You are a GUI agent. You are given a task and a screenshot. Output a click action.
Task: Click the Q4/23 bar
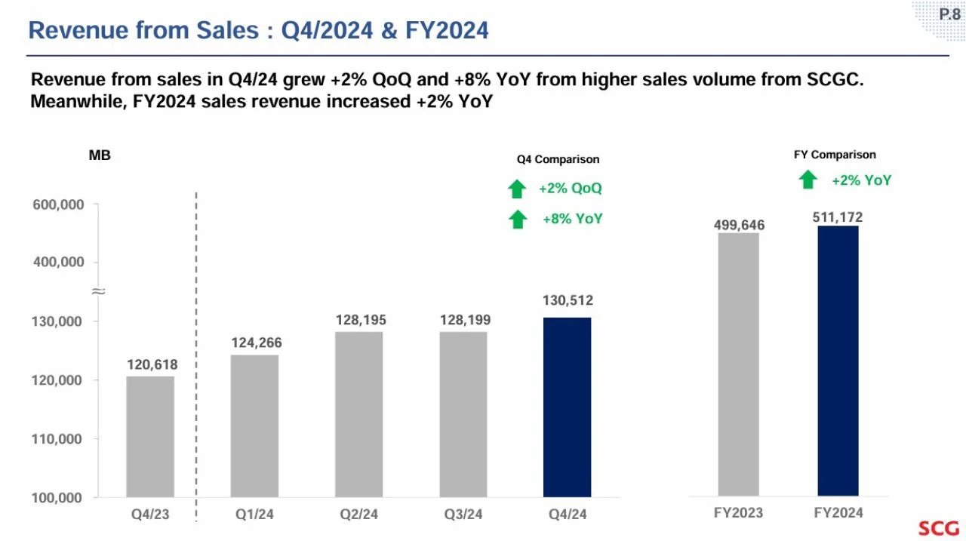click(x=150, y=437)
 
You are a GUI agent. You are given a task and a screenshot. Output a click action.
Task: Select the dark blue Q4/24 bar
click(x=567, y=407)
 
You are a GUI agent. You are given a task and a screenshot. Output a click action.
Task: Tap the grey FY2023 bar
click(x=738, y=364)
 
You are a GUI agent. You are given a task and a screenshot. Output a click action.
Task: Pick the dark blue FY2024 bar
click(x=838, y=361)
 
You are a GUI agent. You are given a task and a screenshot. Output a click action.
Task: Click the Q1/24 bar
click(x=254, y=426)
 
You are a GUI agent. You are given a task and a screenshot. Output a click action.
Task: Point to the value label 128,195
click(x=361, y=320)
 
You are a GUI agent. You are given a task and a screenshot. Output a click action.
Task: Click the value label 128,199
click(x=465, y=320)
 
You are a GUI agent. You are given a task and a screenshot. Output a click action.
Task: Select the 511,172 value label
click(x=838, y=217)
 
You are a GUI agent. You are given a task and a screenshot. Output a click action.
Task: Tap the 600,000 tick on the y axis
click(x=58, y=204)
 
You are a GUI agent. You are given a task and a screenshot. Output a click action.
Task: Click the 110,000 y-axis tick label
click(x=57, y=439)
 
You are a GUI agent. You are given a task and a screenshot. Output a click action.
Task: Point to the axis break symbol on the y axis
click(x=99, y=292)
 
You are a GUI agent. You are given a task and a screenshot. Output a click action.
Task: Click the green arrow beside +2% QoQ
click(x=517, y=189)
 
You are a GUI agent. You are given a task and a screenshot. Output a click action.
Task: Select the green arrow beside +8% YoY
click(x=518, y=220)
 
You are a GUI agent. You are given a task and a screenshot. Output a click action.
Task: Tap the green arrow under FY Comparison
click(x=808, y=180)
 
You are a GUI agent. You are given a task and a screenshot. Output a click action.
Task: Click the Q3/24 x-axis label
click(x=463, y=515)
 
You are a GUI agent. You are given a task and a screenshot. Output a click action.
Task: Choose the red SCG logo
click(x=938, y=528)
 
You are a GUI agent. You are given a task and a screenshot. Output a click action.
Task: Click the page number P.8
click(x=949, y=14)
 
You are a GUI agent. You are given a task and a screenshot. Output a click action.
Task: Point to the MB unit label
click(x=100, y=155)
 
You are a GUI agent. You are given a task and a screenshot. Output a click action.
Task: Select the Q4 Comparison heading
click(x=558, y=159)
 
